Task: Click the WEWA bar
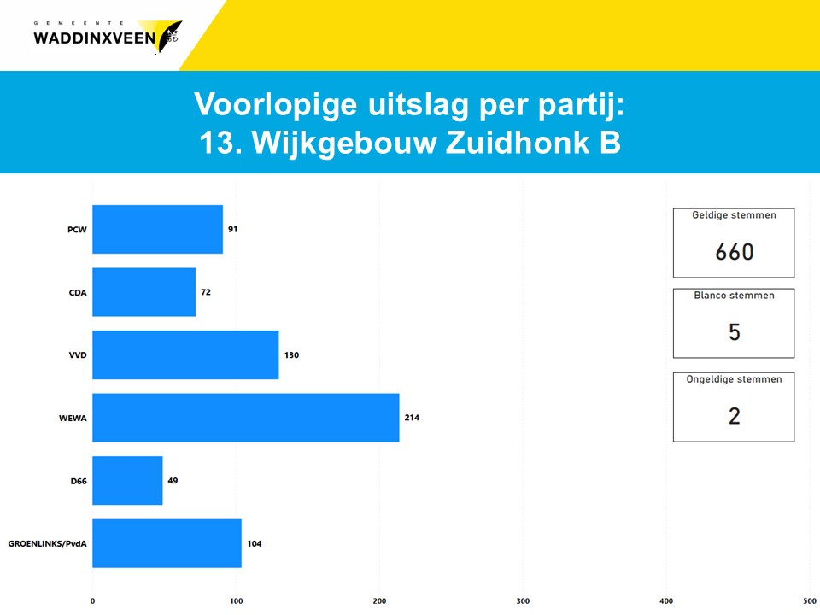click(x=246, y=418)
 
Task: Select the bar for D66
click(x=127, y=481)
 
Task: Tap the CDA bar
click(x=143, y=292)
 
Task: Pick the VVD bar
click(x=185, y=355)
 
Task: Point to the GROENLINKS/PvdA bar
click(x=167, y=543)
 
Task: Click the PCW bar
click(x=157, y=229)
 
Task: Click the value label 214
click(x=412, y=418)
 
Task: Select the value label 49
click(x=173, y=481)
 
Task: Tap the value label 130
click(x=292, y=355)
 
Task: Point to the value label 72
click(x=206, y=292)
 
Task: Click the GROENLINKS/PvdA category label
click(x=47, y=544)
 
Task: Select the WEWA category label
click(x=73, y=418)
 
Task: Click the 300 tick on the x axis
click(x=523, y=600)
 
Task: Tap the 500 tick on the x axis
click(x=810, y=600)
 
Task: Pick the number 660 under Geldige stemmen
click(x=735, y=252)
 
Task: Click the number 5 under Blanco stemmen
click(x=735, y=332)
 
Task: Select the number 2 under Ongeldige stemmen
click(x=735, y=416)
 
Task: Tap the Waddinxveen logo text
click(x=95, y=38)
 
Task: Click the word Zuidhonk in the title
click(x=517, y=143)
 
